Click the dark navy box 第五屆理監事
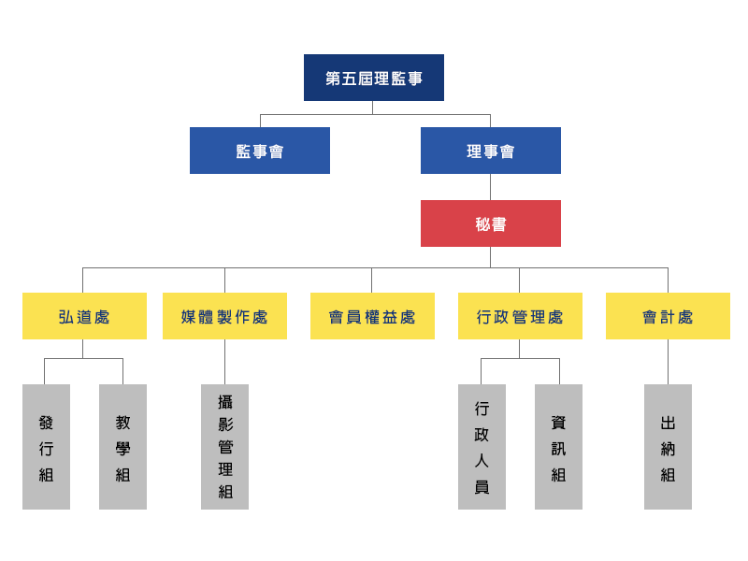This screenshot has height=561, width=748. click(373, 78)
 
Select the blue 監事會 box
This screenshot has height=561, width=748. click(260, 151)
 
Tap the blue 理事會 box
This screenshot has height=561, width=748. click(490, 151)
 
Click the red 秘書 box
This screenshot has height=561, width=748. click(490, 223)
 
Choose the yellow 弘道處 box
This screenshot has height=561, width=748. click(84, 316)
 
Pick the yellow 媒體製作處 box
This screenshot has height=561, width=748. click(224, 316)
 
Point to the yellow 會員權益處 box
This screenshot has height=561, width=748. click(372, 316)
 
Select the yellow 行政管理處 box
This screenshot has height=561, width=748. click(520, 316)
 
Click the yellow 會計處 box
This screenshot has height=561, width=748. click(668, 316)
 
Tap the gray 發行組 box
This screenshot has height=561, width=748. click(46, 447)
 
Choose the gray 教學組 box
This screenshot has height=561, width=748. click(122, 447)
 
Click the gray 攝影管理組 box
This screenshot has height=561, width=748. click(224, 447)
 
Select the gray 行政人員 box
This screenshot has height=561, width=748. click(482, 447)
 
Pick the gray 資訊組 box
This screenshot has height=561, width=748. click(558, 447)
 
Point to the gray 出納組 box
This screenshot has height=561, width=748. click(668, 447)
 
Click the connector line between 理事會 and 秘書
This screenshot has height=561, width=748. click(490, 187)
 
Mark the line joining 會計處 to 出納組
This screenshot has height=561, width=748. click(668, 362)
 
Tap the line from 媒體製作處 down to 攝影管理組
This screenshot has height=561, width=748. click(224, 362)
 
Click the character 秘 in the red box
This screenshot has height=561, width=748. click(482, 223)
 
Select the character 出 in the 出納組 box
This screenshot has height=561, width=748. click(668, 423)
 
